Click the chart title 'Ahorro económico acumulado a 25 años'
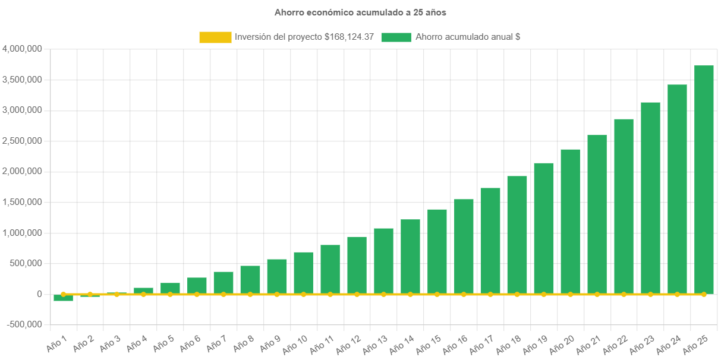[x=360, y=12]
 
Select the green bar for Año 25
[x=704, y=178]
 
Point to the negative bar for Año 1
[x=63, y=298]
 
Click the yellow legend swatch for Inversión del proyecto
[x=215, y=37]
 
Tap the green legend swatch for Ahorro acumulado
[x=396, y=37]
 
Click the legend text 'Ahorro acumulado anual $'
[x=468, y=37]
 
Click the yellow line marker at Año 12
[x=357, y=294]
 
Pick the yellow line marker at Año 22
[x=624, y=294]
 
